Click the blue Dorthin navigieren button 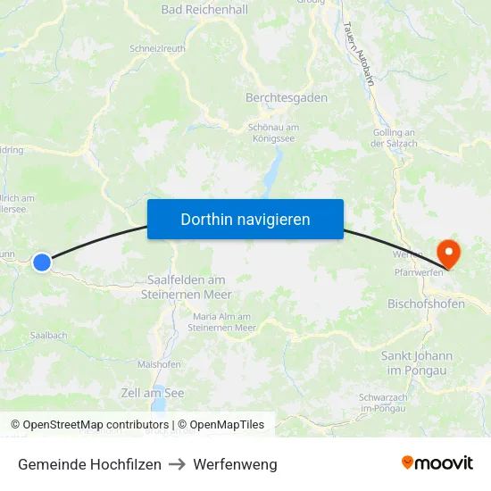pyautogui.click(x=245, y=219)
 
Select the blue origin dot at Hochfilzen pyautogui.click(x=42, y=262)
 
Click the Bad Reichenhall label pyautogui.click(x=204, y=10)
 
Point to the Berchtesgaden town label pyautogui.click(x=287, y=97)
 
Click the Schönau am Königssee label pyautogui.click(x=273, y=133)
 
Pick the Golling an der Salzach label pyautogui.click(x=394, y=138)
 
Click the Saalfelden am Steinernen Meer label pyautogui.click(x=187, y=287)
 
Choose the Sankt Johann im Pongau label pyautogui.click(x=417, y=362)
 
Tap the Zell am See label pyautogui.click(x=153, y=393)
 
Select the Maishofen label pyautogui.click(x=159, y=364)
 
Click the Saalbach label pyautogui.click(x=49, y=336)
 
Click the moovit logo pyautogui.click(x=437, y=463)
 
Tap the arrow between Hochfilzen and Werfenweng pyautogui.click(x=177, y=464)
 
